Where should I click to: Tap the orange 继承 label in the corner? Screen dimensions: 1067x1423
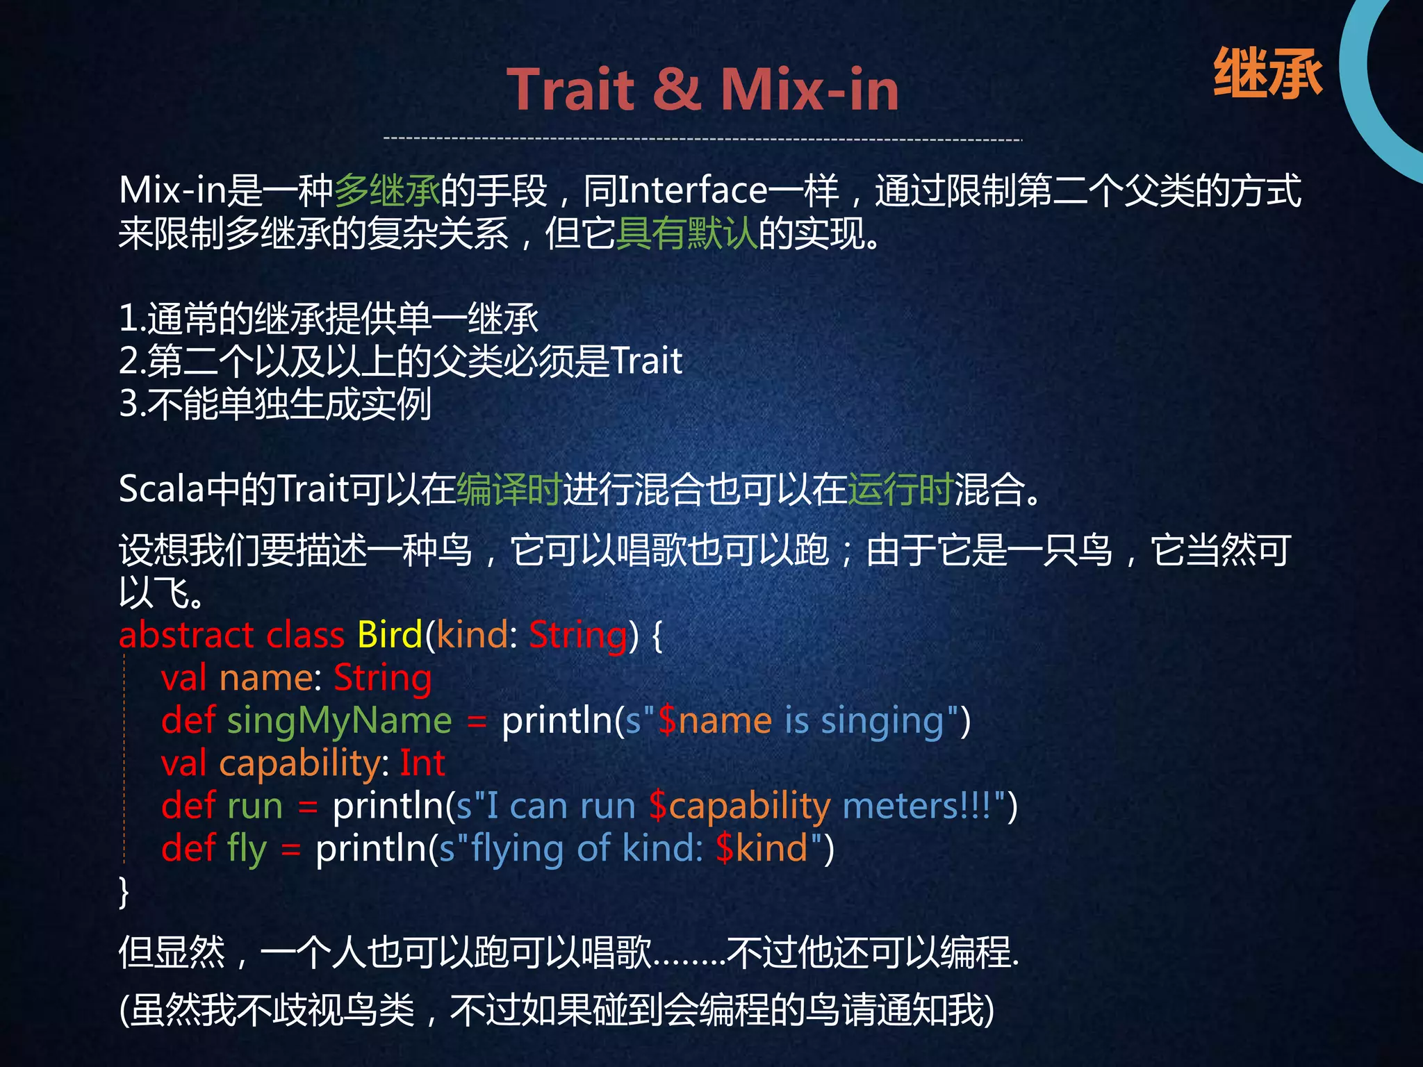(x=1267, y=74)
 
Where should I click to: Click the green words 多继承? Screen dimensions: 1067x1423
(x=387, y=190)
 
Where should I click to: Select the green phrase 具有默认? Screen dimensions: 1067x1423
(x=686, y=233)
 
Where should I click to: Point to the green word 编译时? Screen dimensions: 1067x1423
(x=509, y=489)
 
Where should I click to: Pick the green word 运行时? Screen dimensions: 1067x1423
(x=900, y=489)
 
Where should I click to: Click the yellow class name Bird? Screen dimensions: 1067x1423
(x=389, y=634)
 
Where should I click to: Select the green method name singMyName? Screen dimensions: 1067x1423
(x=340, y=720)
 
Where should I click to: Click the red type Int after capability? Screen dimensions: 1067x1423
(x=422, y=763)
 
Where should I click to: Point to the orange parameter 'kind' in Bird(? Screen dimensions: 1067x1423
(x=472, y=634)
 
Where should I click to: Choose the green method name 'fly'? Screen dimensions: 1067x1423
(x=247, y=850)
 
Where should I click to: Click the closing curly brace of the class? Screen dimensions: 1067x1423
(x=124, y=891)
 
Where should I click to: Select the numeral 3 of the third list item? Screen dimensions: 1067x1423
(x=128, y=404)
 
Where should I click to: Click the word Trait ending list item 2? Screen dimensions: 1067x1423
(x=646, y=361)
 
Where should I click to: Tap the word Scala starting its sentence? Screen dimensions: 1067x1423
(x=161, y=489)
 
